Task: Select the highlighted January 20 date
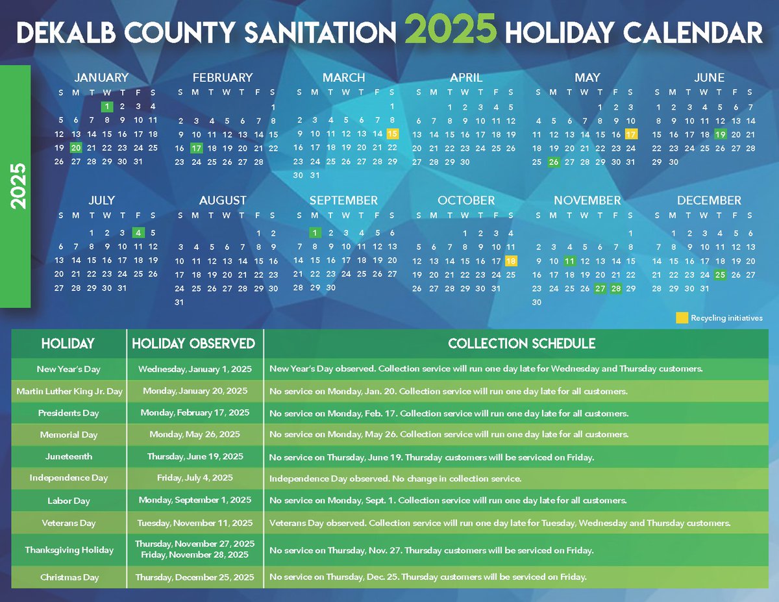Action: tap(76, 148)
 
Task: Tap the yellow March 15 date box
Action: tap(392, 134)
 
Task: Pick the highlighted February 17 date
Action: tap(196, 148)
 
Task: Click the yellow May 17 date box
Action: tap(631, 134)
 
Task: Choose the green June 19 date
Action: tap(720, 134)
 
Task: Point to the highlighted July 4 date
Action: tap(138, 232)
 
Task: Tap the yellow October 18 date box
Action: tap(511, 261)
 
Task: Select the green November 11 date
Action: tap(569, 261)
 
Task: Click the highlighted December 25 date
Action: tap(720, 275)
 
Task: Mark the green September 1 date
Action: tap(315, 232)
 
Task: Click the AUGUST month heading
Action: tap(223, 201)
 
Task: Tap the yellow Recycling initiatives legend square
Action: tap(682, 318)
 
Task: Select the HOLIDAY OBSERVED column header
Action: tap(194, 344)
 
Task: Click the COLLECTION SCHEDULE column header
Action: tap(521, 344)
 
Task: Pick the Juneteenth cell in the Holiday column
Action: tap(69, 457)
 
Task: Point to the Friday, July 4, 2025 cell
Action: tap(195, 478)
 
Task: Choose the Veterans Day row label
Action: tap(69, 523)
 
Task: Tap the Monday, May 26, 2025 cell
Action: tap(195, 434)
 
